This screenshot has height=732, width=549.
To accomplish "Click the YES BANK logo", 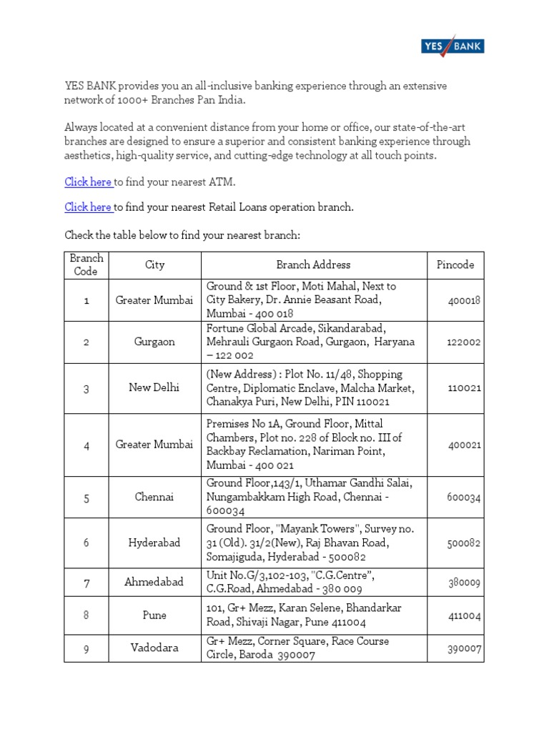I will click(451, 47).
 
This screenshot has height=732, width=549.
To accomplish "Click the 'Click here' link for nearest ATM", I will click(89, 182).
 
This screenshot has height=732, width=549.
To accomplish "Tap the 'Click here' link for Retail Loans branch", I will click(89, 207).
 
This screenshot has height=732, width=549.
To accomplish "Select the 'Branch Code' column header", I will click(86, 265).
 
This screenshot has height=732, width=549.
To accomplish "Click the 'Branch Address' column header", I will click(313, 265).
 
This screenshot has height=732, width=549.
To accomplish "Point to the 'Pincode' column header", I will click(455, 265).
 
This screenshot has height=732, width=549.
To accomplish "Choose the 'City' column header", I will click(154, 265).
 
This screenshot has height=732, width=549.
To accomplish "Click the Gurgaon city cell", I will click(154, 342).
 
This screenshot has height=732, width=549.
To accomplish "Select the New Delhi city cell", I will click(154, 388).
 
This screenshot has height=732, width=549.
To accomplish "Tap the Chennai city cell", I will click(154, 498).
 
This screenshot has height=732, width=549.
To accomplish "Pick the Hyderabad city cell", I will click(154, 543).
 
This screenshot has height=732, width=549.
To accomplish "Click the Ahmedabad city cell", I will click(154, 582).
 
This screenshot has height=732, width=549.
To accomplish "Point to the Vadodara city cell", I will click(154, 648).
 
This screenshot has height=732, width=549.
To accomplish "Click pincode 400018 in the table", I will click(465, 300).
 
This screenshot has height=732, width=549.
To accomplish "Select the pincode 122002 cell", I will click(465, 342).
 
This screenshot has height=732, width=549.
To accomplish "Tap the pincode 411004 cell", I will click(465, 615).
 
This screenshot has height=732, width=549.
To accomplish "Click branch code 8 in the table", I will click(86, 615).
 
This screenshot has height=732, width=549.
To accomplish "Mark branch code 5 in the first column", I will click(86, 498).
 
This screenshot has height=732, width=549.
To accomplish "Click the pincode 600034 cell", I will click(465, 498).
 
